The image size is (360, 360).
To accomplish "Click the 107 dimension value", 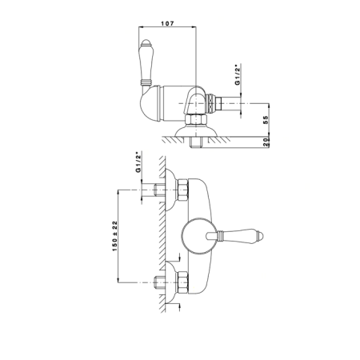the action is (167, 23).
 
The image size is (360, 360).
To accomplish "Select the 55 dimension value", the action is (266, 120).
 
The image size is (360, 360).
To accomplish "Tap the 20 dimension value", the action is (266, 142).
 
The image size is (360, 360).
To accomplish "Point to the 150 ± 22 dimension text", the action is (114, 236).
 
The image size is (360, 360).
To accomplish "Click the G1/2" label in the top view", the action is (238, 74).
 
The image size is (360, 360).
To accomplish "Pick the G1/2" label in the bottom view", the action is (138, 162).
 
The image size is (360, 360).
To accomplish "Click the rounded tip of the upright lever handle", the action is (146, 42).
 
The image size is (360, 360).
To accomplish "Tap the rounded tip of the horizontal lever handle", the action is (260, 236).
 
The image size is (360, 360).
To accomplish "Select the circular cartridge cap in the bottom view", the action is (199, 236).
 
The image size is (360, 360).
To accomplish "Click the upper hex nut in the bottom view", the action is (182, 190).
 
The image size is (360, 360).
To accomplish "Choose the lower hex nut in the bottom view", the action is (182, 282).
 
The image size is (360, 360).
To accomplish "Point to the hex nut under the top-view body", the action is (196, 119).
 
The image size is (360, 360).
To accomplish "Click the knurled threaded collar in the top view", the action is (210, 103).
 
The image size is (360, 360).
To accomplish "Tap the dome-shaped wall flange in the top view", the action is (196, 130).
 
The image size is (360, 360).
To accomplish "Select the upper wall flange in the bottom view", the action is (170, 190).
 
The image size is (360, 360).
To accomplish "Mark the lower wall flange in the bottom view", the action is (170, 282).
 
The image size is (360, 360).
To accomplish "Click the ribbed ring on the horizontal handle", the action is (220, 236).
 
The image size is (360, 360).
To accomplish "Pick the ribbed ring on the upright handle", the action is (146, 82).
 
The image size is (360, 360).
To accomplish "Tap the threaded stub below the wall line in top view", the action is (196, 142).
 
